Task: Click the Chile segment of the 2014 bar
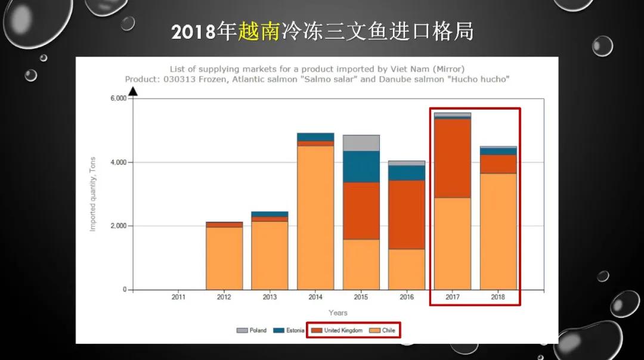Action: [315, 218]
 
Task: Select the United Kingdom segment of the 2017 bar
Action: [452, 159]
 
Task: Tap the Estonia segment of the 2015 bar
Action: [361, 166]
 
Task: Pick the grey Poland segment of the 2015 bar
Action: [361, 143]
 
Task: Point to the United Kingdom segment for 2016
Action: [407, 215]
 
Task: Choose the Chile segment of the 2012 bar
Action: [224, 258]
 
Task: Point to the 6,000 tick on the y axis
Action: [118, 98]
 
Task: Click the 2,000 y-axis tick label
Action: [118, 226]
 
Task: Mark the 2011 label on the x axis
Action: [178, 297]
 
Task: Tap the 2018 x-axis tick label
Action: [498, 297]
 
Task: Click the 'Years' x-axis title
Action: [338, 313]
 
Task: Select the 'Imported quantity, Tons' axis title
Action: [92, 194]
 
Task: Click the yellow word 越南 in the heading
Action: [259, 32]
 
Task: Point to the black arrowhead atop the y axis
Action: [134, 91]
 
